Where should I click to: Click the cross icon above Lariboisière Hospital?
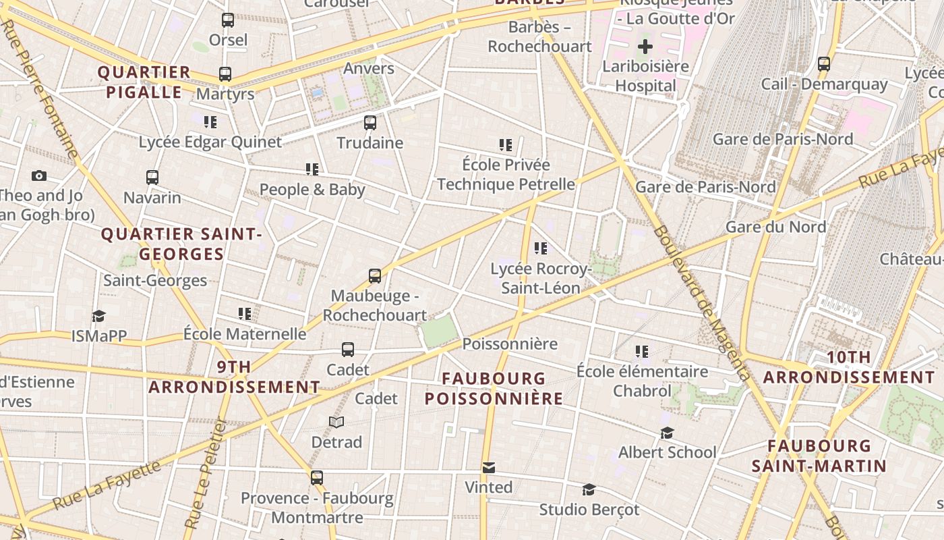coord(645,47)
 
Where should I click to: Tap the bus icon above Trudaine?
coord(370,123)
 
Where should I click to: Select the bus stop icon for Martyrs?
coord(225,74)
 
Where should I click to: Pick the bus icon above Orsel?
coord(228,20)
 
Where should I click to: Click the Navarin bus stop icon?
coord(152,178)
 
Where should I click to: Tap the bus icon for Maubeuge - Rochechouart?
coord(375,276)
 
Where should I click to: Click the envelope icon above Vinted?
coord(489,467)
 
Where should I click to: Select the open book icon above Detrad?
coord(336,422)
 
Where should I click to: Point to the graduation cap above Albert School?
coord(667,433)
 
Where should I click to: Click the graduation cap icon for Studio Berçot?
coord(589,489)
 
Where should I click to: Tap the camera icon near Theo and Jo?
coord(39,176)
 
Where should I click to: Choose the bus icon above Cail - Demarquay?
coord(824,64)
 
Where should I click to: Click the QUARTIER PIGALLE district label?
coord(144,82)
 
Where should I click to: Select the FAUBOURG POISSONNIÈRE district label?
coord(494,389)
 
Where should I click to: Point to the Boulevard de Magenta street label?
coord(701,302)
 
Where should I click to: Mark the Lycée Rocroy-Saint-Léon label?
coord(540,278)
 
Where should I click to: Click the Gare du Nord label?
coord(775,227)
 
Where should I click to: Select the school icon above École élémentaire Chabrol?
coord(642,352)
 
